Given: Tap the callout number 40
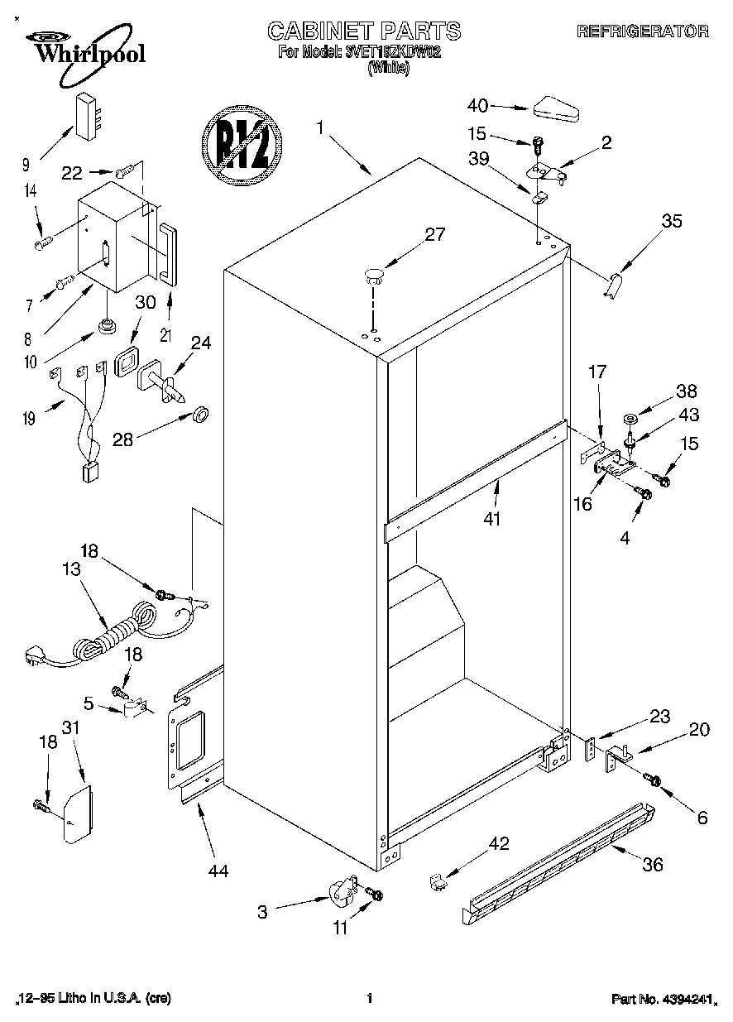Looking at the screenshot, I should [x=477, y=105].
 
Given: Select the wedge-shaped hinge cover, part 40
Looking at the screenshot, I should [x=559, y=108].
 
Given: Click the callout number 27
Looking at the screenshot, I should [x=435, y=234].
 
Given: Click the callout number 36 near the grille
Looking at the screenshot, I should [x=653, y=864].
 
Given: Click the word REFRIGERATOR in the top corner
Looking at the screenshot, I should [x=642, y=31].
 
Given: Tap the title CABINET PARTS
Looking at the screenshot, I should [x=364, y=31].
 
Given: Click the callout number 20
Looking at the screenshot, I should [x=699, y=730].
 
